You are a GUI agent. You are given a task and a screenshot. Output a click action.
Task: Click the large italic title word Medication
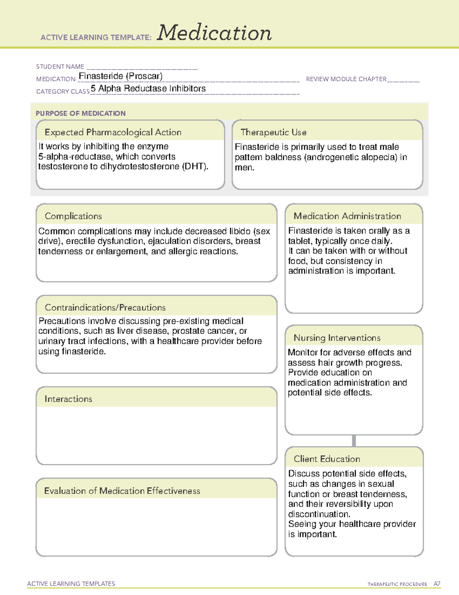coord(214,33)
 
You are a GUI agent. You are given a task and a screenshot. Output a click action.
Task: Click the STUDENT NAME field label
coord(60,67)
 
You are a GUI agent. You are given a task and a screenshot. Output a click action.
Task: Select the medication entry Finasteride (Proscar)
coord(120,76)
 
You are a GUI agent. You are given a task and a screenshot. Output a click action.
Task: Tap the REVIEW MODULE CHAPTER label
coord(346,79)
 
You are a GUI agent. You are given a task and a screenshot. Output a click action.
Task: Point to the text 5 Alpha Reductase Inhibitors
coord(148,89)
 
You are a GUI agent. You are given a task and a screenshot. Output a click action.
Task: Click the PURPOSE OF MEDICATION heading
coord(81,113)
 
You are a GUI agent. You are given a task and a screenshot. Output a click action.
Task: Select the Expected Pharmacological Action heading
coord(113,132)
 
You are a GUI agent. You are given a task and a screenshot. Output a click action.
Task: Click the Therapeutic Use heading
coord(273,132)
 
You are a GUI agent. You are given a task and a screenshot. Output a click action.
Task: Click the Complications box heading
coord(73,216)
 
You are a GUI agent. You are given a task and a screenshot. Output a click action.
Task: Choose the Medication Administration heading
coord(347,216)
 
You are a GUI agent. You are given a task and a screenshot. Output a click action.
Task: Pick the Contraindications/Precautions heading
coord(105,307)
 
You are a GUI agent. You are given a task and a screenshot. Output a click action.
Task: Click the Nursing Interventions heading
coord(337,338)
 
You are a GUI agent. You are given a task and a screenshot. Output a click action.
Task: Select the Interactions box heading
coord(68,399)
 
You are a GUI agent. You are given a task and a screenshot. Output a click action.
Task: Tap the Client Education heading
coord(327,459)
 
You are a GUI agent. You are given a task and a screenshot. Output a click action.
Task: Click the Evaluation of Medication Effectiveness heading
coord(122,491)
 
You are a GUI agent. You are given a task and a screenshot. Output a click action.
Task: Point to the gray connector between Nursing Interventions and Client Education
coord(354,441)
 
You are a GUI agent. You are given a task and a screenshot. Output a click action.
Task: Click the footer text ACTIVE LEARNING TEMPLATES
coord(71,584)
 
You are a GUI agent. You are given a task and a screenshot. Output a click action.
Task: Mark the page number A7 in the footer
coord(437,584)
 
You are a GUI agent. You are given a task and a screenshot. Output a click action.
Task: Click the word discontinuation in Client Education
coord(313,514)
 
